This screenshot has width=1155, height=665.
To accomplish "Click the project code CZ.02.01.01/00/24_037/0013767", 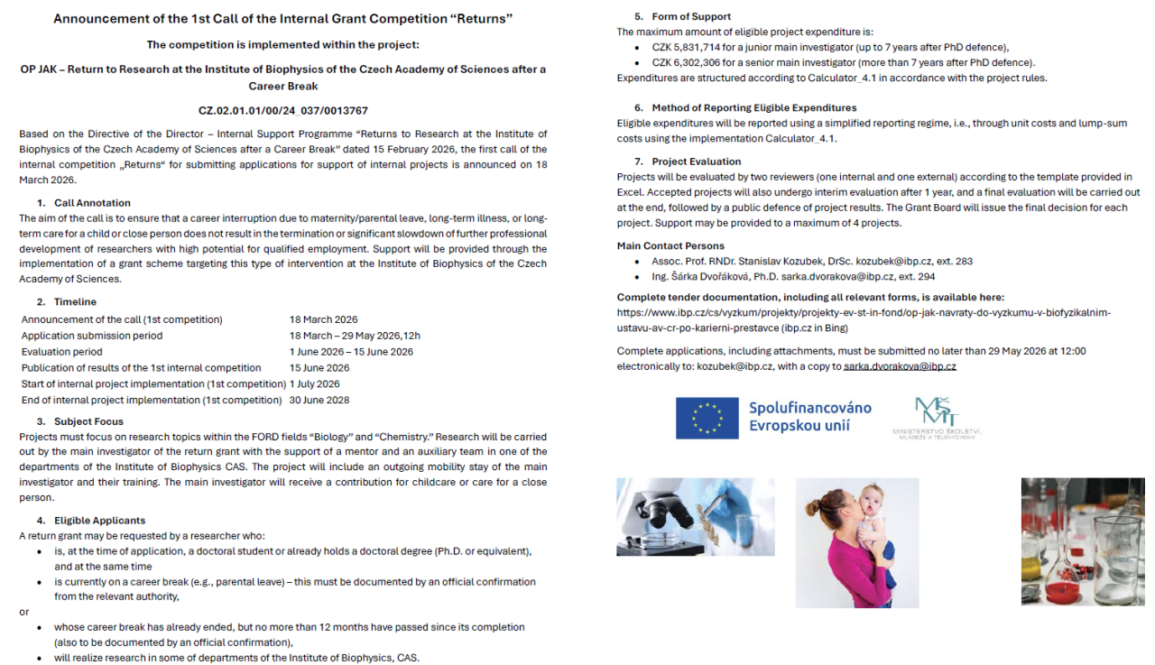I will click(x=282, y=111).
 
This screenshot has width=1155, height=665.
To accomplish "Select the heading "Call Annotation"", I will click(x=92, y=203).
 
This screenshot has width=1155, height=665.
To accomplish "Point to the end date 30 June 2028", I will click(x=319, y=401).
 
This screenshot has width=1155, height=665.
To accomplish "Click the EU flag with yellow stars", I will click(x=707, y=417).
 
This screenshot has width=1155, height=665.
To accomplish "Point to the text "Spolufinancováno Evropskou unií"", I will click(x=809, y=416).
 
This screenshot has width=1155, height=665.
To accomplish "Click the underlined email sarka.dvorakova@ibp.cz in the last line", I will click(x=900, y=367).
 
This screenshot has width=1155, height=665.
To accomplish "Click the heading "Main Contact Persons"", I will click(x=670, y=245).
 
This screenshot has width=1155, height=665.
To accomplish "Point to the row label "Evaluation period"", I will click(x=62, y=352).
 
